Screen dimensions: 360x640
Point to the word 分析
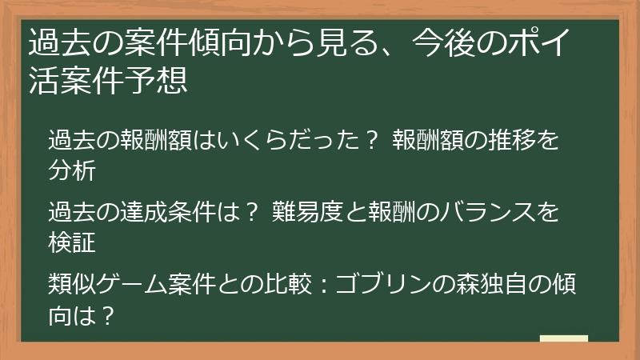72,170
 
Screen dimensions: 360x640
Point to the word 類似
72,283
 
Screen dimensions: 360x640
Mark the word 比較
289,283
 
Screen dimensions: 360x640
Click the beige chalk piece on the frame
564,338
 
